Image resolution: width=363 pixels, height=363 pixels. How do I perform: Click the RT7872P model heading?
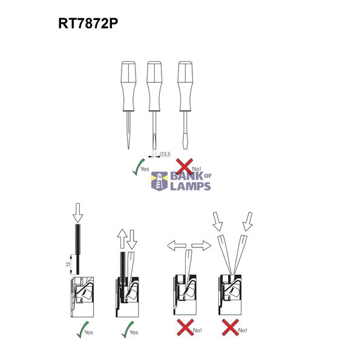(x=88, y=24)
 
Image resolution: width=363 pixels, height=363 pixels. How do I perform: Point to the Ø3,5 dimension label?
(x=165, y=154)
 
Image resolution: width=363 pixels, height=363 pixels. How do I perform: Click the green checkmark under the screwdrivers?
(x=139, y=167)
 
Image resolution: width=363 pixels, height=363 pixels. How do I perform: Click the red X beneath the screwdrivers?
(x=185, y=167)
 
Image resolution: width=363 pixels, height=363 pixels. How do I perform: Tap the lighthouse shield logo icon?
(x=159, y=181)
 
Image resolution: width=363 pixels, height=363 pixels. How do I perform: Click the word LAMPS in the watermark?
(x=191, y=186)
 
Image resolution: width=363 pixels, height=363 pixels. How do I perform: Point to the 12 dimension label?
(x=68, y=264)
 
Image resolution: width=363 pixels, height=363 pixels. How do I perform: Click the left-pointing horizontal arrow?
(x=177, y=246)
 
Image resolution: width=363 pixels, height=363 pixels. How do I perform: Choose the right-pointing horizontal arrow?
(x=201, y=246)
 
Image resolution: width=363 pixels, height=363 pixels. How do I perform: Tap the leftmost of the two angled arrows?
(x=218, y=221)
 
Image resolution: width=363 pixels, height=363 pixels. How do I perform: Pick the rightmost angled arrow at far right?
(x=247, y=221)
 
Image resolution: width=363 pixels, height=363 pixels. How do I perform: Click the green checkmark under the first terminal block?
(x=83, y=330)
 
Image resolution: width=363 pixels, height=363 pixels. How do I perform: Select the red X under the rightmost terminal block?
(x=231, y=327)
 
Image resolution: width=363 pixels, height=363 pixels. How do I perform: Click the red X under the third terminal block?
(x=185, y=327)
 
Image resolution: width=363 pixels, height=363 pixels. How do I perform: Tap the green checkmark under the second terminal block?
(x=128, y=330)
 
